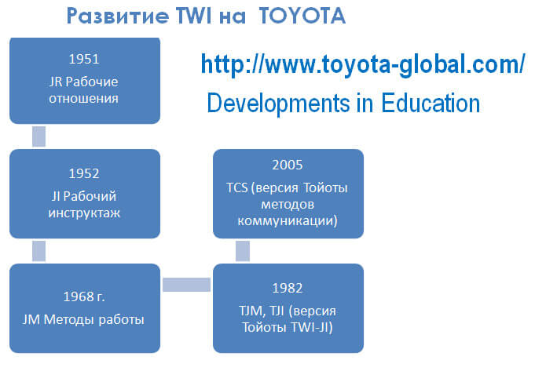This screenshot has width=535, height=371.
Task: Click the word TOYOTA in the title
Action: coord(302,16)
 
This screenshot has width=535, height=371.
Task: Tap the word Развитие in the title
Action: coord(118,16)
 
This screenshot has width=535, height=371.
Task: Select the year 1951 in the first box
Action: coord(84,59)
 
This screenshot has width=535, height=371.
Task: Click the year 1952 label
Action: coord(84,173)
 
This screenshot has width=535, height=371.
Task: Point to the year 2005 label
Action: coord(288,165)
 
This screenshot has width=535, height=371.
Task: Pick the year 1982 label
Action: coord(288,288)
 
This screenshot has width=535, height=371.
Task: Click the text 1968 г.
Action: coord(84,296)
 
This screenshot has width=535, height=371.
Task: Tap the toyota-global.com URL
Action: coord(363,64)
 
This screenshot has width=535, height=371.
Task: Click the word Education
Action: coord(431,103)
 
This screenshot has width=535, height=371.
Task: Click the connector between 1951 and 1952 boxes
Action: coord(39,136)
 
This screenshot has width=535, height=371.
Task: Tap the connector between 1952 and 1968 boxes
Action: coord(39,251)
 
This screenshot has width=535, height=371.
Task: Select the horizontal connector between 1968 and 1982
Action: coord(187,285)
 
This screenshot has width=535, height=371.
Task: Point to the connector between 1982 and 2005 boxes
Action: coord(243,251)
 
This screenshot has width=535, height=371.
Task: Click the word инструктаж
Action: coord(84,213)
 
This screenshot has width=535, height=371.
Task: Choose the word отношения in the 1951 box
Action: coord(83,99)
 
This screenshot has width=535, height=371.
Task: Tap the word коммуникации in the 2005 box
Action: coord(288,220)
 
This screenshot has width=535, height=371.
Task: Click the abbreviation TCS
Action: coord(237,187)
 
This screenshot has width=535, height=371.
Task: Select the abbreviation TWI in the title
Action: coord(194,16)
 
